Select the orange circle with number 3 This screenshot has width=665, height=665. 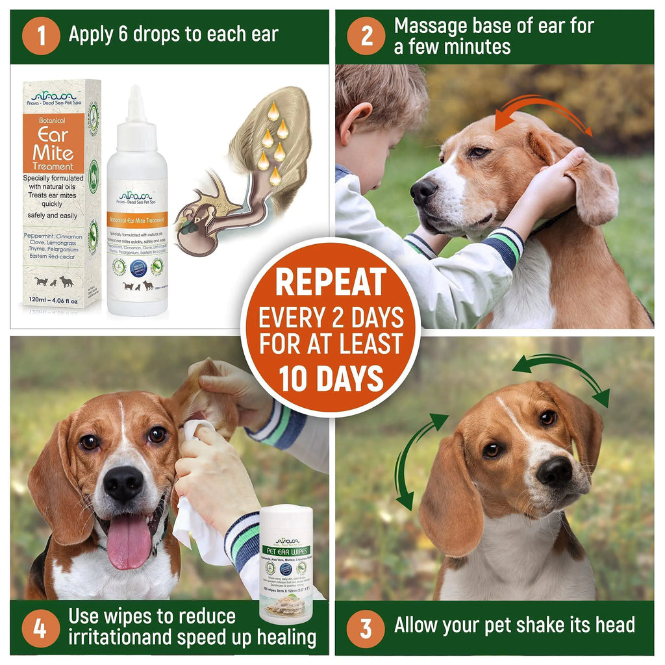point(366,628)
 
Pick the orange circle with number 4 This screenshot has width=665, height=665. point(41,628)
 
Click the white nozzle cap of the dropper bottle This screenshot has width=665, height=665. point(136,104)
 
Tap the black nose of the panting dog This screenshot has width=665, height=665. point(123,484)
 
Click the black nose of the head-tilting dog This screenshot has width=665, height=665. point(554,472)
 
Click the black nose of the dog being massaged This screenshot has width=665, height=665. point(423,192)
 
